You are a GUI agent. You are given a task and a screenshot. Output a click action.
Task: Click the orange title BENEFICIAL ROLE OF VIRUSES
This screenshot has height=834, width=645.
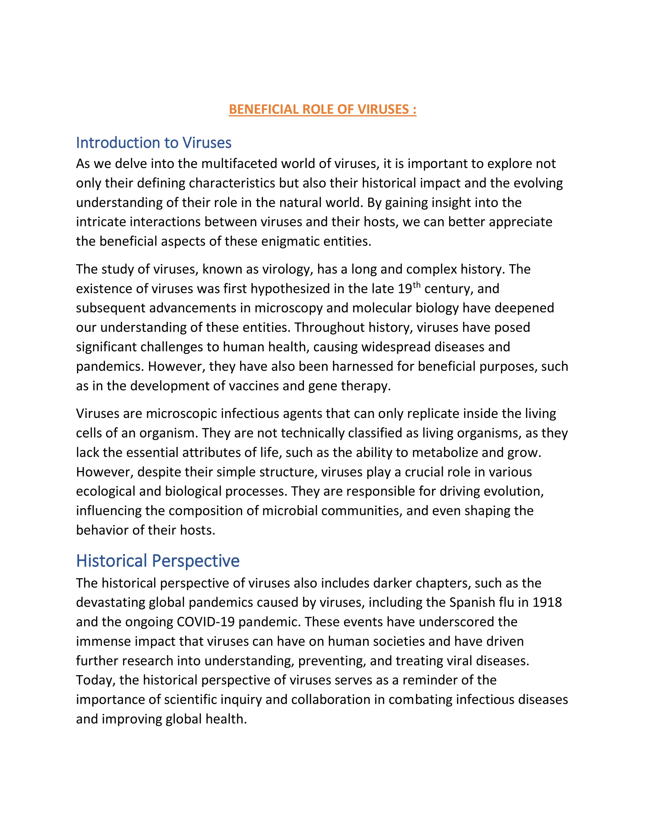[322, 110]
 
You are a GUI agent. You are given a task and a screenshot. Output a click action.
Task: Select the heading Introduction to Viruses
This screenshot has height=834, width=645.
[154, 143]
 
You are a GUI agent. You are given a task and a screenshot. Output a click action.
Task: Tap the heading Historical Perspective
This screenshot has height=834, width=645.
[157, 561]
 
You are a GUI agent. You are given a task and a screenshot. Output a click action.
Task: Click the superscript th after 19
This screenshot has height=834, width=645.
[416, 285]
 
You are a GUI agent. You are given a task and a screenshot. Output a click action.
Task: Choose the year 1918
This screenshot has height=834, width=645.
[547, 603]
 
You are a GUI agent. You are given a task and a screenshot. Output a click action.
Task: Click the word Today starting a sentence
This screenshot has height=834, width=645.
[95, 680]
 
